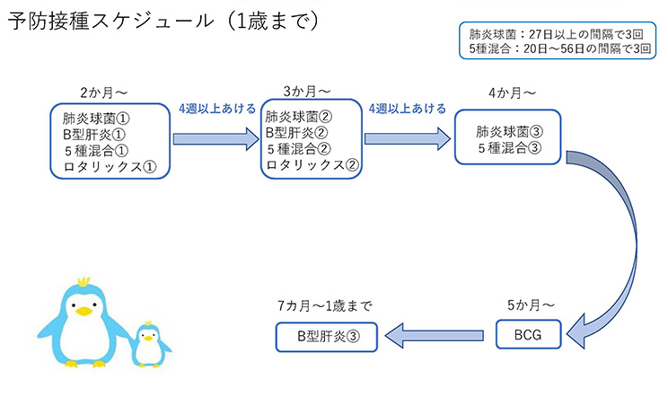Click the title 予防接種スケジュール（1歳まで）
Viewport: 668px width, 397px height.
coord(163,22)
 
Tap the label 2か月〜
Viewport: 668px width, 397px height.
coord(103,93)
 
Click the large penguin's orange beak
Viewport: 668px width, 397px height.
coord(84,311)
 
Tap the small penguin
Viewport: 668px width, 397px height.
coord(150,344)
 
